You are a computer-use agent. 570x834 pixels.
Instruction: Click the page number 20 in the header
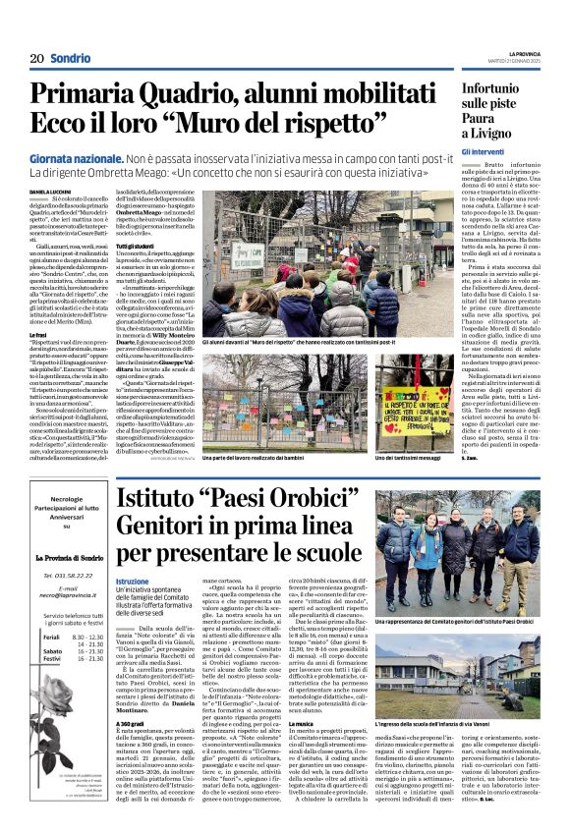tap(36, 58)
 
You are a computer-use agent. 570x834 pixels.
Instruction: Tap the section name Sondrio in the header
tap(71, 58)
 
